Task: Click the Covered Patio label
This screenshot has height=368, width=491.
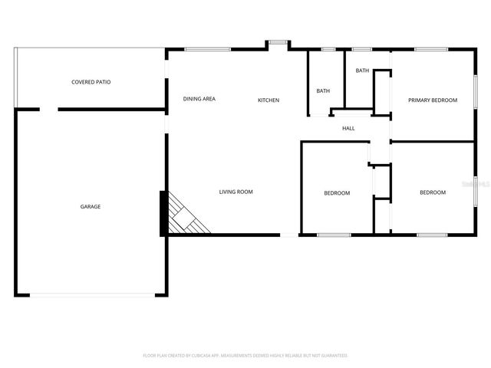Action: coord(91,81)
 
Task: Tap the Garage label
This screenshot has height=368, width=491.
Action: coord(91,206)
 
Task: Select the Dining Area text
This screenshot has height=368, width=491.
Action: coord(199,99)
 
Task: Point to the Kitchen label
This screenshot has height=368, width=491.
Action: coord(269,100)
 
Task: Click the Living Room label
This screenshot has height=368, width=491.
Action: coord(236,192)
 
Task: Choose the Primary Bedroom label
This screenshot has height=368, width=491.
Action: coord(433,100)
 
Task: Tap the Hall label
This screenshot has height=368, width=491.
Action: coord(348,128)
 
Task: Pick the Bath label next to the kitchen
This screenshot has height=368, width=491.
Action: coord(323,91)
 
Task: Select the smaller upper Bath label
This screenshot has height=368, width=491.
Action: coord(362,71)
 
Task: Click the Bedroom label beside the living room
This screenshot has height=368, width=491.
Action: coord(337,192)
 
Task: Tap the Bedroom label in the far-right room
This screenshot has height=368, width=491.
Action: coord(433,192)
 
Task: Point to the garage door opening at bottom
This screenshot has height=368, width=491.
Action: coord(91,295)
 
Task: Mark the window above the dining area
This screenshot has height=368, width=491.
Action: coord(208,50)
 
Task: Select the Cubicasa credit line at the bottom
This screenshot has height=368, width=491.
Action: coord(245,356)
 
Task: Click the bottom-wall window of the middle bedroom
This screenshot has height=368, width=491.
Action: coord(334,234)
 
